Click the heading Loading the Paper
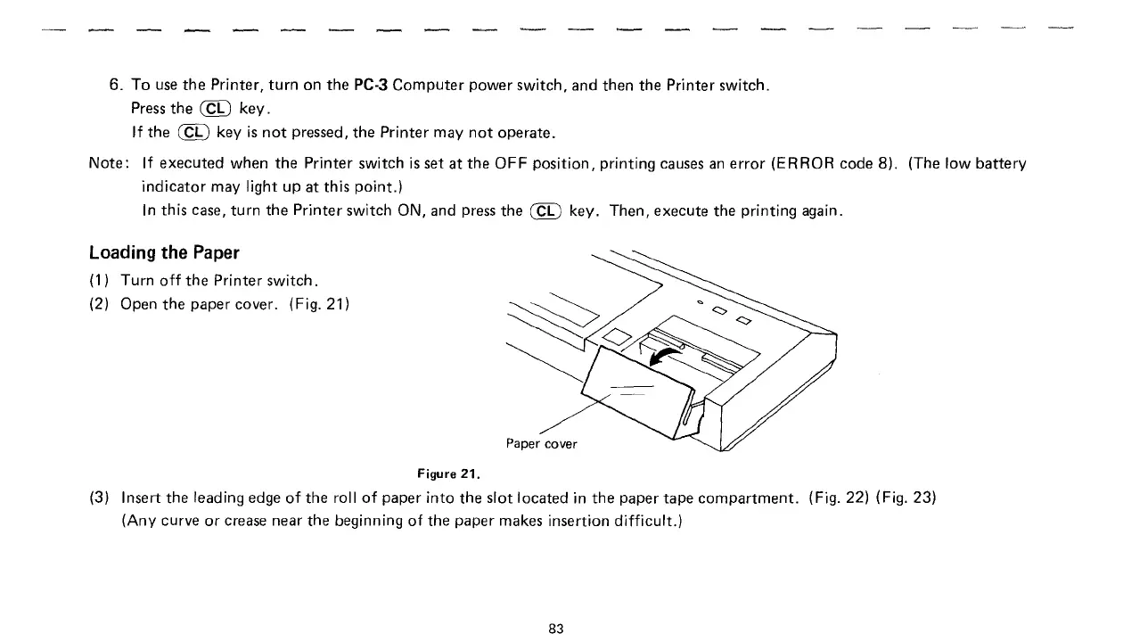point(165,251)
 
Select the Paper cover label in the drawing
point(541,443)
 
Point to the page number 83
point(556,628)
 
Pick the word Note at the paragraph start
point(108,163)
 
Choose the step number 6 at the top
point(114,86)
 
